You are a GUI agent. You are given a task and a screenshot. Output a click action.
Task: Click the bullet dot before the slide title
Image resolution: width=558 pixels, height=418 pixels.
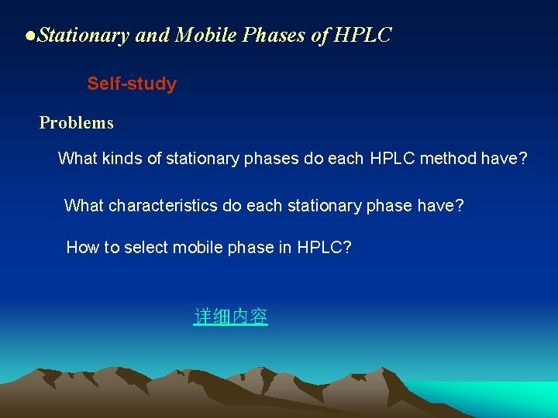(29, 36)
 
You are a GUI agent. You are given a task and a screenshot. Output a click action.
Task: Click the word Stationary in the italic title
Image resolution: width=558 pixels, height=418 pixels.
(83, 35)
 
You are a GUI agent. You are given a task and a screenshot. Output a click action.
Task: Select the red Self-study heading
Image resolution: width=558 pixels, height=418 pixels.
(132, 84)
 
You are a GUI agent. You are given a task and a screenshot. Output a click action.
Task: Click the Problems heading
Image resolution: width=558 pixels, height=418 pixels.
(76, 122)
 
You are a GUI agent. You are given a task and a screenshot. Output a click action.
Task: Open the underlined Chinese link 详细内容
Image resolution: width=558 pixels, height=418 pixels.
(230, 317)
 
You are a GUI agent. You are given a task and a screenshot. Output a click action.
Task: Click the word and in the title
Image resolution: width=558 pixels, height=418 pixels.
(153, 35)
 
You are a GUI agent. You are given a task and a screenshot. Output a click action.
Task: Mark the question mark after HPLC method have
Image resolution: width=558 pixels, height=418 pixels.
(523, 159)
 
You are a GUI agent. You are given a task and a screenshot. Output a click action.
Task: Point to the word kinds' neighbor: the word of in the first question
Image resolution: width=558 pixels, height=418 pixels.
(155, 159)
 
